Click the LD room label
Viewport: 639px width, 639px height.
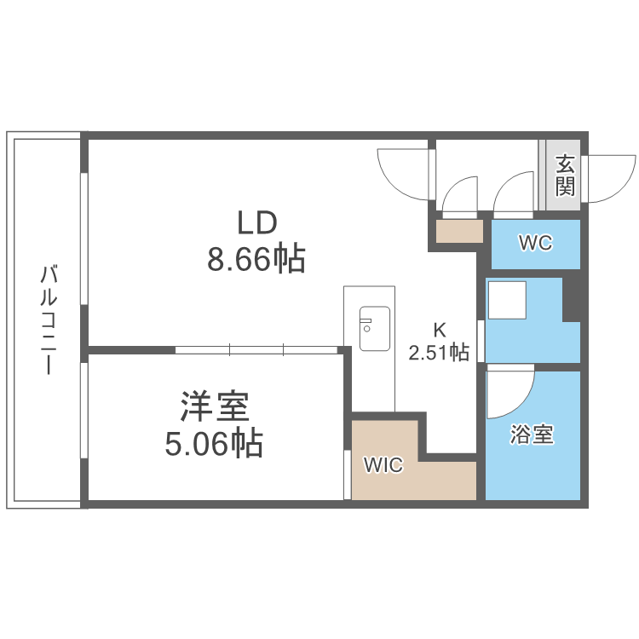click(256, 223)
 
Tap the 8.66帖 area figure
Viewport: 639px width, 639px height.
click(256, 258)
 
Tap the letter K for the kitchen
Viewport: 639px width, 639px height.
click(440, 330)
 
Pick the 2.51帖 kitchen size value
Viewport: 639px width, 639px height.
click(440, 352)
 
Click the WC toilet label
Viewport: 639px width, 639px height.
click(536, 244)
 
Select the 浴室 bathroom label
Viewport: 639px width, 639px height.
click(532, 435)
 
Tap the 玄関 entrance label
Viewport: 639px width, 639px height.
click(564, 175)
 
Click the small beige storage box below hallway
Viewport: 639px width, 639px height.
click(459, 232)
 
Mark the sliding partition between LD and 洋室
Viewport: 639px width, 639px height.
click(256, 349)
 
